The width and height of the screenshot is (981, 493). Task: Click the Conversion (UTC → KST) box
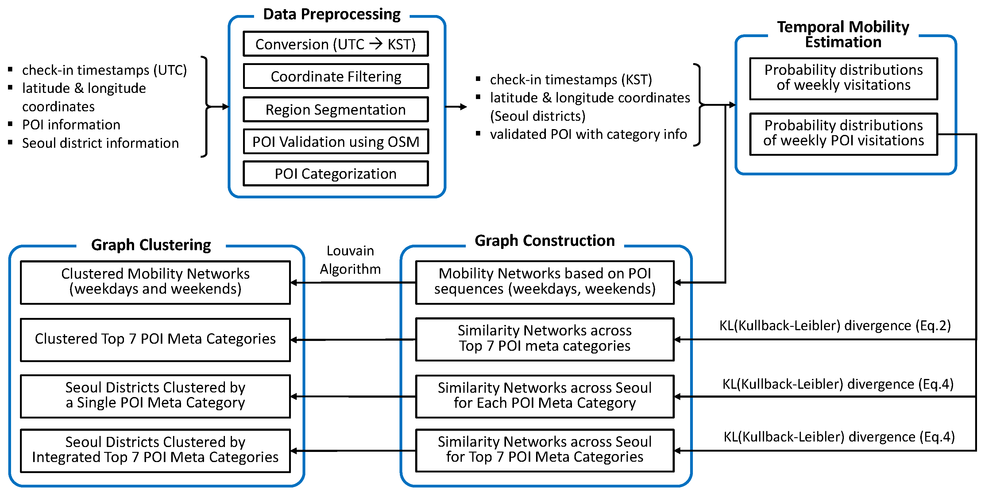[335, 44]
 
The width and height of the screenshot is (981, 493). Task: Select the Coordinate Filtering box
[335, 76]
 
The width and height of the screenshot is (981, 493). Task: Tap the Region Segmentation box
[335, 109]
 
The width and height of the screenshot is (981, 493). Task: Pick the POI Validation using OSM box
[335, 142]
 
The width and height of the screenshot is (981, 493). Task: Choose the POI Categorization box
[335, 174]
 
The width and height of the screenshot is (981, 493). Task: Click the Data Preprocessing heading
[332, 14]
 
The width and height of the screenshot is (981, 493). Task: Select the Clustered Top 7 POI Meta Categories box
[155, 339]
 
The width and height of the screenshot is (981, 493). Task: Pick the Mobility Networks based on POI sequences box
[545, 282]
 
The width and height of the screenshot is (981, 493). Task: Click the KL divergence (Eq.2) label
[835, 326]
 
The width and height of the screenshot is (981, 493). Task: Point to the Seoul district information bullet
[100, 143]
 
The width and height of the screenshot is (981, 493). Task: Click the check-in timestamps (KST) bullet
[570, 80]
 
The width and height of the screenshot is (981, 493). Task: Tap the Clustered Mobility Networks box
[155, 282]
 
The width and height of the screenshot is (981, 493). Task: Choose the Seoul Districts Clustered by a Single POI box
[155, 396]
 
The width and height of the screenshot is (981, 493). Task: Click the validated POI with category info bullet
[588, 134]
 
